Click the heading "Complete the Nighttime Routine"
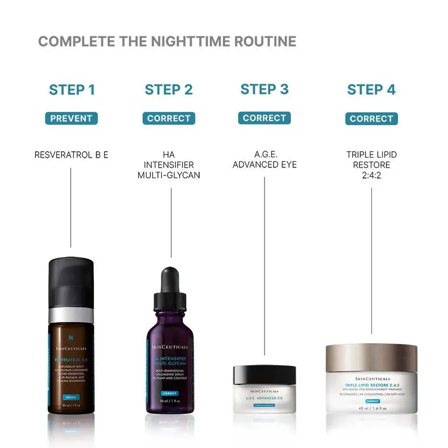(167, 41)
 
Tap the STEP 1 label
(72, 90)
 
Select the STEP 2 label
(169, 90)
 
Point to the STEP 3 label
(264, 89)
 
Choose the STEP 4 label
(371, 90)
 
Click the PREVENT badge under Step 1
(71, 119)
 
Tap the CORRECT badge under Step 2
(169, 119)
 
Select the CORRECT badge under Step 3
(264, 118)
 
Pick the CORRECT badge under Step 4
(371, 119)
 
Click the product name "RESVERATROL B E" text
(71, 155)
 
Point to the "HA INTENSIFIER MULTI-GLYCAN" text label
(169, 165)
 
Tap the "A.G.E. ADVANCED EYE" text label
(264, 160)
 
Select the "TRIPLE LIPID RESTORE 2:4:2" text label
(371, 165)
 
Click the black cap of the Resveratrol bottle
(71, 282)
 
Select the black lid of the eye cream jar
(264, 374)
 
